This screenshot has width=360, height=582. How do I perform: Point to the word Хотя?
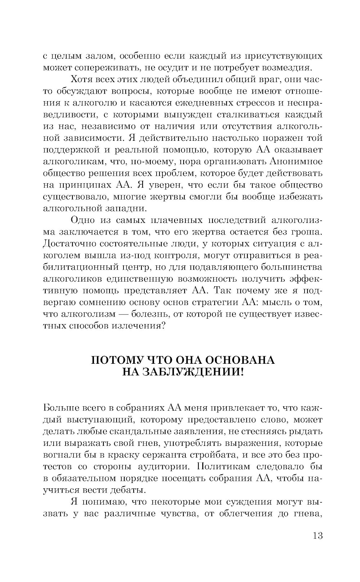click(x=82, y=80)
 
